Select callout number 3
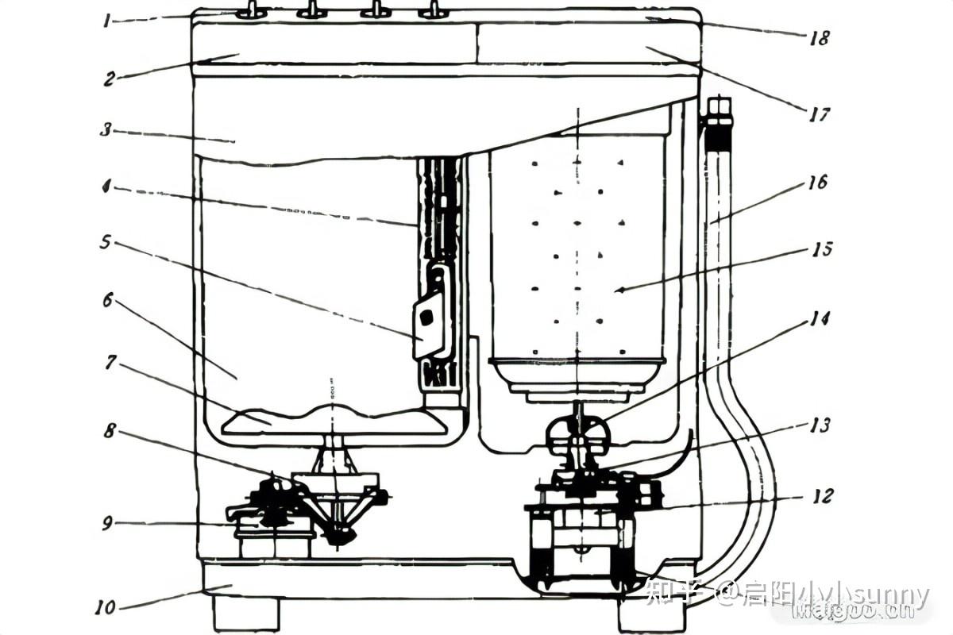pos(106,130)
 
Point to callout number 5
pos(106,241)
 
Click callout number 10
pos(105,608)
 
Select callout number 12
pos(823,496)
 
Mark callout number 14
pos(820,320)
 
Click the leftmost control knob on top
pos(250,10)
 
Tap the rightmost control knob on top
pos(434,10)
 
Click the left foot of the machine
pos(246,614)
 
